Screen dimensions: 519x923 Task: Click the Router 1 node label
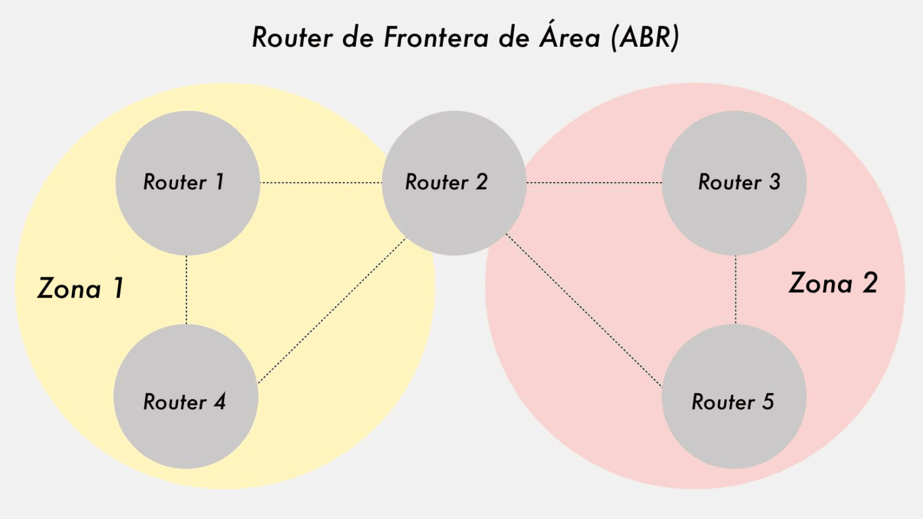click(184, 182)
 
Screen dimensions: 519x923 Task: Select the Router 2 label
click(446, 182)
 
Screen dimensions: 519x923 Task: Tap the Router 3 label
click(739, 182)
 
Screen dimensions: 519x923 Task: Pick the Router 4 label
click(185, 402)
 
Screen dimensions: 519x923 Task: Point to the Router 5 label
click(733, 402)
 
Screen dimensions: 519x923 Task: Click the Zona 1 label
click(80, 288)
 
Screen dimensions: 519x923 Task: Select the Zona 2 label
click(833, 284)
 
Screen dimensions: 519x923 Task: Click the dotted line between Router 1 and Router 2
click(322, 182)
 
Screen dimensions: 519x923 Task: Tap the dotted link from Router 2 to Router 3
click(594, 182)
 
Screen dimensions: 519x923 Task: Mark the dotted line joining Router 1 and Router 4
click(187, 290)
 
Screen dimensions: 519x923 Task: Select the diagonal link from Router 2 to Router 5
click(583, 309)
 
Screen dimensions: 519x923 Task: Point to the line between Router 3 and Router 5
click(735, 290)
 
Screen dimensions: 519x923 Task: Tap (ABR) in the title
click(644, 38)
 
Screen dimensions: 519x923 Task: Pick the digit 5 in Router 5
click(767, 402)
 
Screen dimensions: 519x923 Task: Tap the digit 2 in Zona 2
click(868, 284)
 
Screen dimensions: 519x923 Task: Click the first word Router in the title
click(291, 38)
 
